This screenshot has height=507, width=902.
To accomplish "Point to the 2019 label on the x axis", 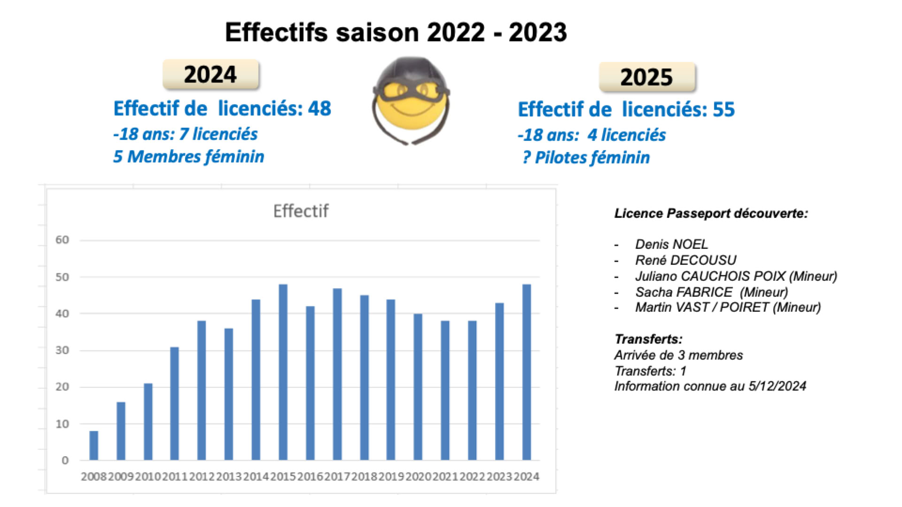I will (391, 477).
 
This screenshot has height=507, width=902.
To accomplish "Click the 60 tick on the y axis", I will (62, 240).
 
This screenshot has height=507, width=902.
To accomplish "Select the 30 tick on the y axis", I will (62, 350).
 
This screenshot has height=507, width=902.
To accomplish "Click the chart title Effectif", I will (301, 211).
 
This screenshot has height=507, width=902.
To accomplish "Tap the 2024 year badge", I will (210, 75).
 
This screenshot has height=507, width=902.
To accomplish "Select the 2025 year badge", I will (646, 77).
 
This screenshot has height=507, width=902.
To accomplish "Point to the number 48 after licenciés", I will (319, 108).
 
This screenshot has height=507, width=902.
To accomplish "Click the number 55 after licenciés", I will (723, 109).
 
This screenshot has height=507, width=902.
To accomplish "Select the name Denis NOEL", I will (671, 244).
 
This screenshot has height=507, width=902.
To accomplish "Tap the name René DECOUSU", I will (685, 260).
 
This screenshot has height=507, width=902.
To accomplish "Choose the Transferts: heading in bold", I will (648, 339).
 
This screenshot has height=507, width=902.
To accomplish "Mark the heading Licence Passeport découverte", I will (711, 214).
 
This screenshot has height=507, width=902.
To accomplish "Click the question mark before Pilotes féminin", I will (526, 158).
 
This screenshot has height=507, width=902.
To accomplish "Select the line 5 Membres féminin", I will (189, 157).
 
